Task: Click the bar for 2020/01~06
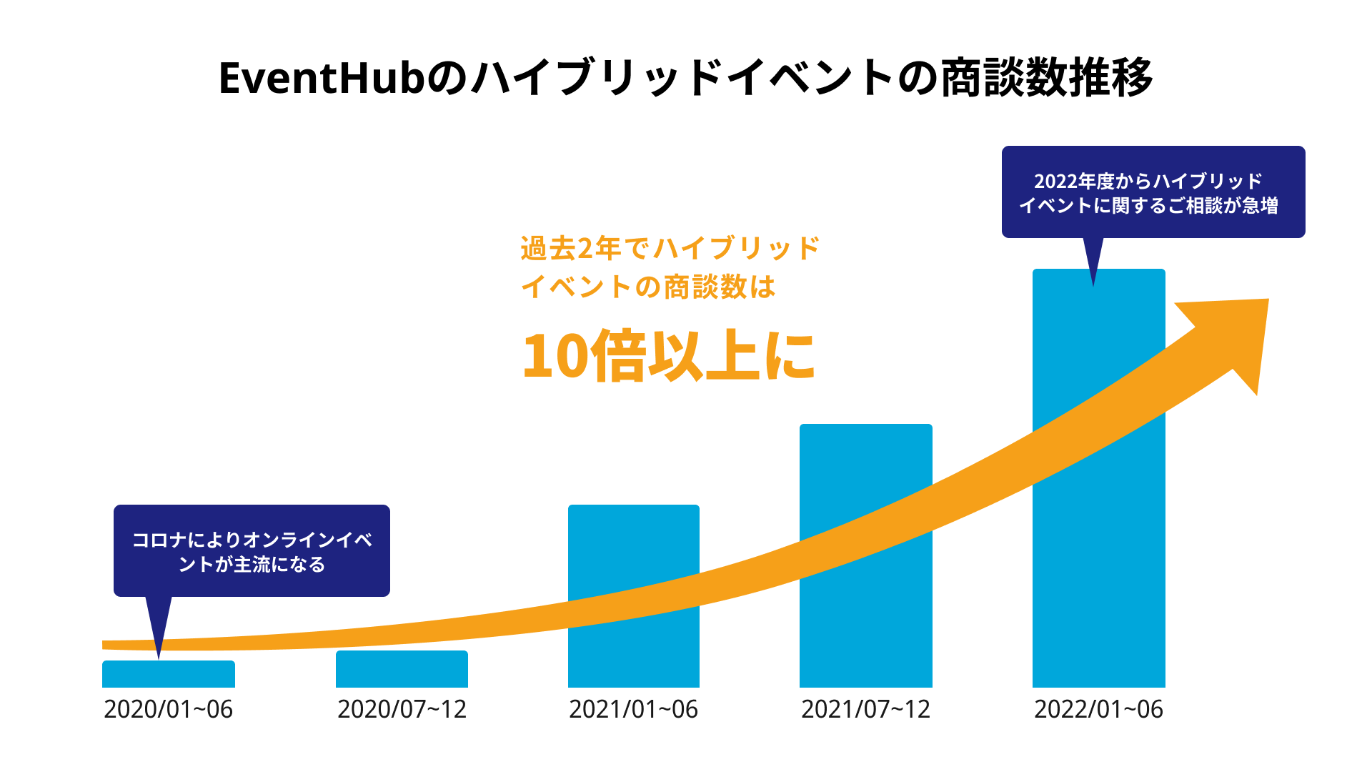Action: [169, 674]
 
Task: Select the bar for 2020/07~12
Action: [402, 669]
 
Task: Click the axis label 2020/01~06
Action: [169, 709]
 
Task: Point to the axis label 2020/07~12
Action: [402, 709]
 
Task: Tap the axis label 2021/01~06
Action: [633, 709]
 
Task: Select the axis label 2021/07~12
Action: [865, 709]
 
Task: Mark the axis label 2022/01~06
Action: [1098, 709]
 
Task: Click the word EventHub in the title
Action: [322, 78]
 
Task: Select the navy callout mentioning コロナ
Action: [252, 550]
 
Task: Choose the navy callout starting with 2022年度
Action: [1153, 192]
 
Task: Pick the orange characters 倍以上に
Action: [704, 356]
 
